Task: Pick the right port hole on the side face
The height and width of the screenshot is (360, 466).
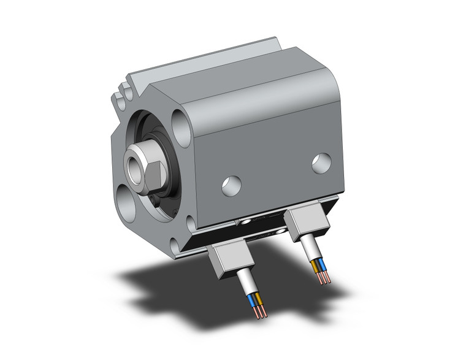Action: tap(320, 163)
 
